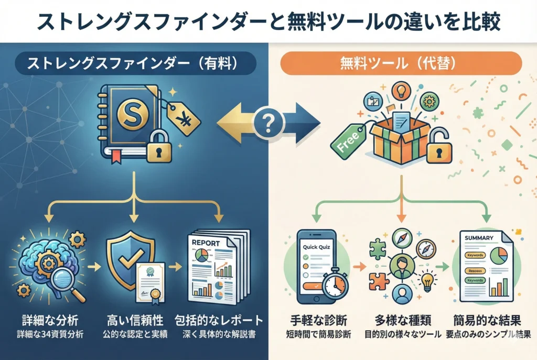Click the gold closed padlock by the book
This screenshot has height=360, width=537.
(x=159, y=149)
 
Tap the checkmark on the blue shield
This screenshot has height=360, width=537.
(x=129, y=255)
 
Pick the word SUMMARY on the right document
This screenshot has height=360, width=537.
(x=479, y=238)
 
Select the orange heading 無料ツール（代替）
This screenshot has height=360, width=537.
(x=401, y=66)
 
